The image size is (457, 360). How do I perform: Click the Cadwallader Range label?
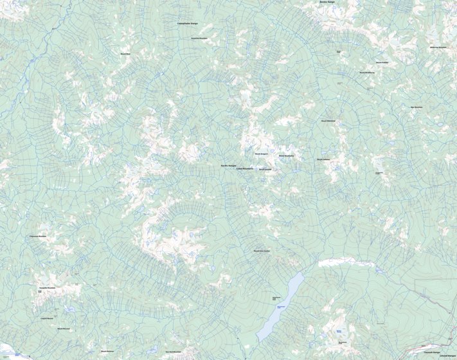[x=187, y=23]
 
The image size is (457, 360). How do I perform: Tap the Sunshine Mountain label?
[x=200, y=38]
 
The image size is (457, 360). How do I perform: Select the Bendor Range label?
[x=327, y=2]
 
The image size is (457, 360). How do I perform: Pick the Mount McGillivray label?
[x=367, y=72]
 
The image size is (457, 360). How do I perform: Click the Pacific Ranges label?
[x=228, y=165]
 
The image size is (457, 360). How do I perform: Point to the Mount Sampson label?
[x=261, y=154]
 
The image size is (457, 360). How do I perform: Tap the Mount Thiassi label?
[x=287, y=156]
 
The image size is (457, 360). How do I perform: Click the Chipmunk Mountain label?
[x=38, y=236]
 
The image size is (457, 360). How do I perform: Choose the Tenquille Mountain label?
[x=48, y=288]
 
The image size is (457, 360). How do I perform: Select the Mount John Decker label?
[x=262, y=251]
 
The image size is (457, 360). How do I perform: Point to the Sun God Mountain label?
[x=174, y=352]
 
